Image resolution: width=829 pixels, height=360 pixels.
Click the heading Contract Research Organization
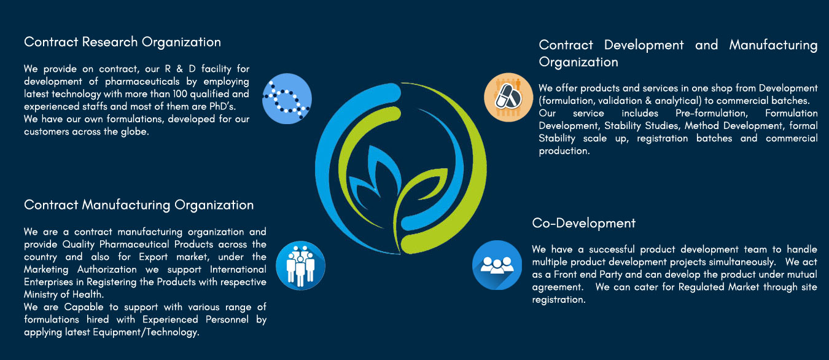[122, 42]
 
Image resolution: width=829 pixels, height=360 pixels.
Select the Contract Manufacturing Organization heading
[139, 205]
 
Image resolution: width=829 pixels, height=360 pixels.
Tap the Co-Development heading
[583, 223]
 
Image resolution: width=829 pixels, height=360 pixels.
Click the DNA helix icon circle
[287, 98]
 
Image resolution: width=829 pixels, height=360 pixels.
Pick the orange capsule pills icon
[508, 97]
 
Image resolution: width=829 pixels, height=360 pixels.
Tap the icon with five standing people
[300, 265]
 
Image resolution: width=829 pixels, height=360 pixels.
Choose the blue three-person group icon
[497, 265]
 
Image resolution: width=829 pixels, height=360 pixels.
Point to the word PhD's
[222, 107]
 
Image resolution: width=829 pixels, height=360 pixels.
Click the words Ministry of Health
[64, 294]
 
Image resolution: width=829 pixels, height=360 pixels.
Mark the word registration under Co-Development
[559, 300]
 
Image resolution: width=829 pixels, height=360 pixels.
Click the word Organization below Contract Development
[578, 62]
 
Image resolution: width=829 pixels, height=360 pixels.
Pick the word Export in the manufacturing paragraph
[154, 257]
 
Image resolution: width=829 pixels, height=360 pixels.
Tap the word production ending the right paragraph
[564, 151]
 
